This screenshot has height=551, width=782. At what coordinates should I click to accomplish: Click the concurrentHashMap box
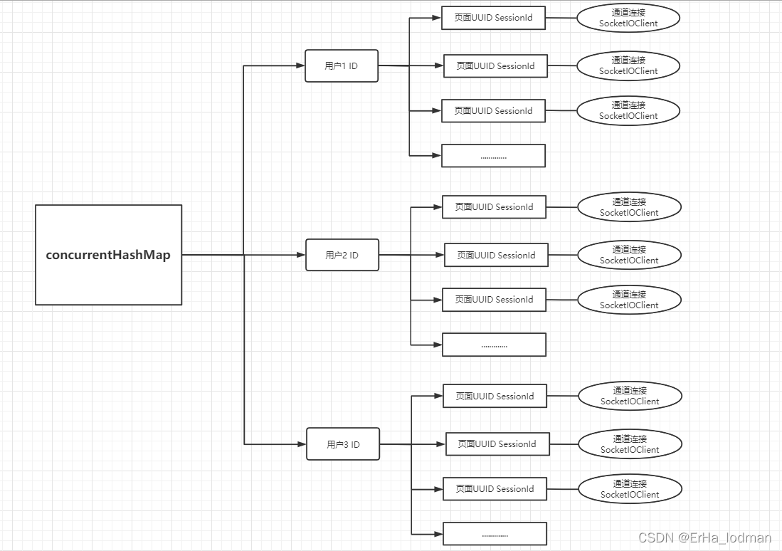point(108,255)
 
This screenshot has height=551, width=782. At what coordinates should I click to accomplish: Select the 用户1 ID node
point(342,66)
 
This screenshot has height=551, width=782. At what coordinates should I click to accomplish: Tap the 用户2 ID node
point(342,255)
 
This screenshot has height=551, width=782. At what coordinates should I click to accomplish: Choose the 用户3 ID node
point(343,444)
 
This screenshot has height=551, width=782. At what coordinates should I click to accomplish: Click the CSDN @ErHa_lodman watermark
point(704,537)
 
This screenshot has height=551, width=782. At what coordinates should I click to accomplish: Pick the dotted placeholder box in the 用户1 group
point(493,156)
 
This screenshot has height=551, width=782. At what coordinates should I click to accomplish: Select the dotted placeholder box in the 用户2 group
point(495,345)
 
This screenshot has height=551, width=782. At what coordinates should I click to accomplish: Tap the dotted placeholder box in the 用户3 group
point(495,534)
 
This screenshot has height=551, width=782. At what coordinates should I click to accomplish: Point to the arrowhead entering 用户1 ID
point(301,65)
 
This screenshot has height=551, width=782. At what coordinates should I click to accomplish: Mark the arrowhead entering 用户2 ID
point(301,255)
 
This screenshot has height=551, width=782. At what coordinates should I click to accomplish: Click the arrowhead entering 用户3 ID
point(302,444)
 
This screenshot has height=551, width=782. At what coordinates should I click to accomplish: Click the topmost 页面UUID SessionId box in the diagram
point(493,18)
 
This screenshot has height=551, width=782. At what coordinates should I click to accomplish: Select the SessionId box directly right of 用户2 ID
point(496,255)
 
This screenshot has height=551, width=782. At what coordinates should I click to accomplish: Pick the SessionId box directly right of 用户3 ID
point(497,444)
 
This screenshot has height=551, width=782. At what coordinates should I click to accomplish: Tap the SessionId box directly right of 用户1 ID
point(495,66)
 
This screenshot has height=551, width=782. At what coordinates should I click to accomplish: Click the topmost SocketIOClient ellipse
point(628,18)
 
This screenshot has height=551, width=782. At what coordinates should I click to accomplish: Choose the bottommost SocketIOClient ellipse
point(630,489)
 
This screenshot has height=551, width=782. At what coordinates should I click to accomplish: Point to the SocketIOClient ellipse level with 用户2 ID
point(630,255)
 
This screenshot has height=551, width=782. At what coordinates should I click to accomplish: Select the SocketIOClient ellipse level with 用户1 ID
point(628,65)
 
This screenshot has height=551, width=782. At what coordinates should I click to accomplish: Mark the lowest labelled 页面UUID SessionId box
point(495,489)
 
